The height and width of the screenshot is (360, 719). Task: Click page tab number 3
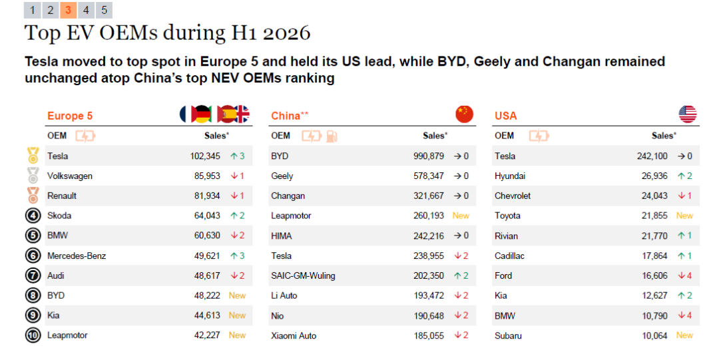pyautogui.click(x=68, y=10)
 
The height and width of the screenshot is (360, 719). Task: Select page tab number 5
pyautogui.click(x=104, y=10)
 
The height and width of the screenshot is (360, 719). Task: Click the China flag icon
pyautogui.click(x=464, y=114)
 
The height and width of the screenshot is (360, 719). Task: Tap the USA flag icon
pyautogui.click(x=687, y=114)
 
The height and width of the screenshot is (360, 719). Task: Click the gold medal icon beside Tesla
pyautogui.click(x=33, y=156)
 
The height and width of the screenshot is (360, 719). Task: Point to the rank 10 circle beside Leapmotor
pyautogui.click(x=33, y=335)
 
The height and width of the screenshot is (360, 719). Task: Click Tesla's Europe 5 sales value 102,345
pyautogui.click(x=205, y=156)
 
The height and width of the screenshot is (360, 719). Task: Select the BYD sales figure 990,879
pyautogui.click(x=428, y=156)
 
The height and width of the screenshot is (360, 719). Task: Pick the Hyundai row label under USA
pyautogui.click(x=509, y=176)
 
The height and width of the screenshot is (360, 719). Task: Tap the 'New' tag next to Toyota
pyautogui.click(x=684, y=216)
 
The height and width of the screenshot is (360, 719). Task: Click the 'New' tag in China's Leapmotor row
pyautogui.click(x=461, y=216)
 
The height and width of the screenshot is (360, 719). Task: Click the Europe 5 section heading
pyautogui.click(x=70, y=116)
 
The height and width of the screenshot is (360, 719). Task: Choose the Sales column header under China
pyautogui.click(x=435, y=136)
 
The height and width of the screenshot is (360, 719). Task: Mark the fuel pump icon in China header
pyautogui.click(x=332, y=136)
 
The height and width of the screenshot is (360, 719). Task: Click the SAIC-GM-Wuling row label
pyautogui.click(x=303, y=275)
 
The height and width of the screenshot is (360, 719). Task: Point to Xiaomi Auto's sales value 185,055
pyautogui.click(x=428, y=335)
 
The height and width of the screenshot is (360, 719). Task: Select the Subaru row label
pyautogui.click(x=508, y=335)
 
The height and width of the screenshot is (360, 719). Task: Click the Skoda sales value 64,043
pyautogui.click(x=207, y=216)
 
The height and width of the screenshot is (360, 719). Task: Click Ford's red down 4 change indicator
pyautogui.click(x=684, y=275)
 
